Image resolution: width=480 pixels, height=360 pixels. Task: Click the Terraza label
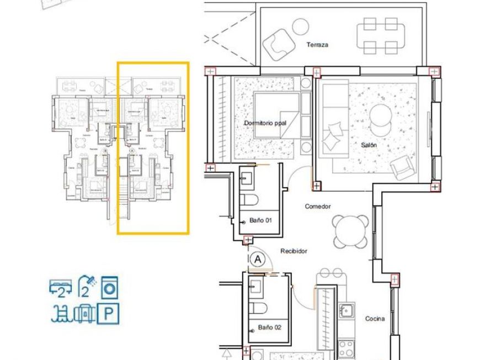[317, 45]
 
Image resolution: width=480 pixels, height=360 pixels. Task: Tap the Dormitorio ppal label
[264, 123]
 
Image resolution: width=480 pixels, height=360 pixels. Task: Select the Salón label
[369, 145]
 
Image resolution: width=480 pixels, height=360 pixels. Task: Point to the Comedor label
[318, 207]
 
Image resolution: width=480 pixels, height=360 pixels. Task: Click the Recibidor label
[294, 251]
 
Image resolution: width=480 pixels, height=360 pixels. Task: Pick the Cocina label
[375, 319]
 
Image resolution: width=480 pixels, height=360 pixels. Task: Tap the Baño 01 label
[262, 220]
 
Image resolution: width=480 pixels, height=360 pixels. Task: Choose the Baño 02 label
[270, 327]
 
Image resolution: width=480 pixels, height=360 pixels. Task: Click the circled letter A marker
[257, 258]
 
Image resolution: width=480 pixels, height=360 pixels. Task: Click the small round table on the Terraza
[300, 26]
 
